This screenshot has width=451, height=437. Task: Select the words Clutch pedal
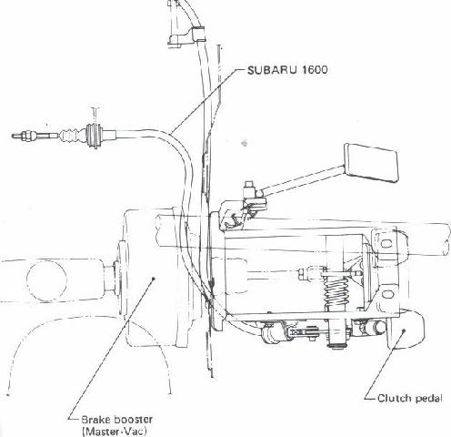[x=410, y=399]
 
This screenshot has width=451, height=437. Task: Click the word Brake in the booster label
[x=95, y=420]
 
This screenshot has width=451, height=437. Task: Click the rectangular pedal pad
[x=372, y=163]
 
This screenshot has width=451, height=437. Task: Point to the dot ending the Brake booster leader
[x=154, y=278]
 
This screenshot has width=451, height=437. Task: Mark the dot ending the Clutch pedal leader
[x=404, y=330]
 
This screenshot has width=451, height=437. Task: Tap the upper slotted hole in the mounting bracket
[x=385, y=243]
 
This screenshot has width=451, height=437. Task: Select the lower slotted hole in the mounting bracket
[x=387, y=294]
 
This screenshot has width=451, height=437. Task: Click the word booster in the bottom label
[x=134, y=420]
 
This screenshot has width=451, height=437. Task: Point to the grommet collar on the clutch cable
[x=94, y=136]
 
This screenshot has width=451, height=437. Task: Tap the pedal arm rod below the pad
[x=303, y=178]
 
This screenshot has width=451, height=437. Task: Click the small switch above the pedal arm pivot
[x=250, y=188]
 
